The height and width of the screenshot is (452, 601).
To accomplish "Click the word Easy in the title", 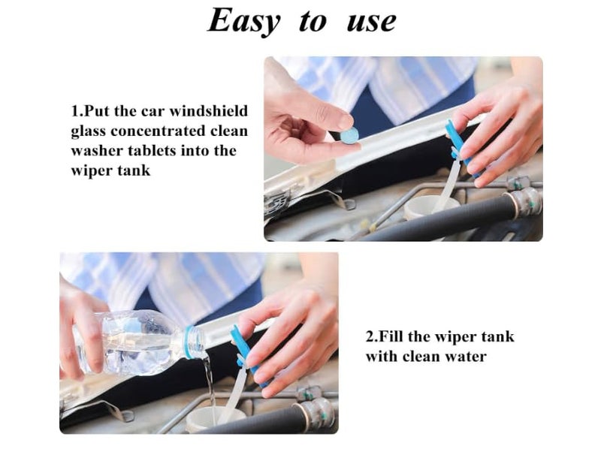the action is (244, 21).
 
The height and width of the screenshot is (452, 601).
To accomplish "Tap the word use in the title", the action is (371, 23).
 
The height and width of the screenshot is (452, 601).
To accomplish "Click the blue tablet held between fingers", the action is (349, 135).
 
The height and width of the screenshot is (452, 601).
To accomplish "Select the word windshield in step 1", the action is (209, 111).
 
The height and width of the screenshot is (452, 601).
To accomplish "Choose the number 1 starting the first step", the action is (74, 111).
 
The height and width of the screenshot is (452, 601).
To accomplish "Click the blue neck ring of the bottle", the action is (187, 342).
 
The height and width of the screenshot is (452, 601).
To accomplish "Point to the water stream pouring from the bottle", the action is (210, 387).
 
